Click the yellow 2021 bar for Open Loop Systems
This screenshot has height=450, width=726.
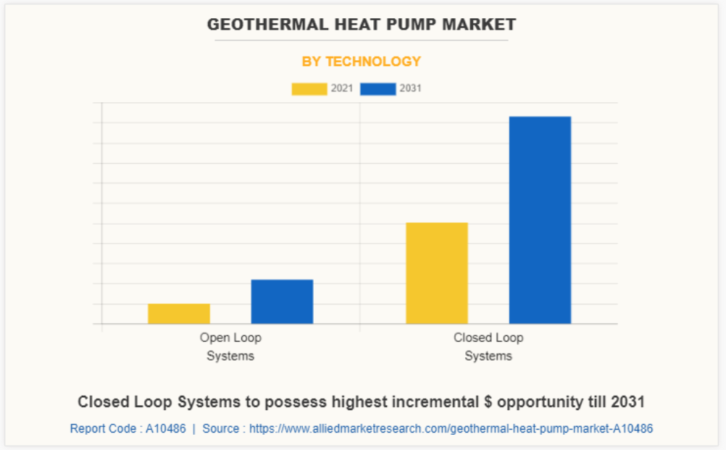click(x=179, y=313)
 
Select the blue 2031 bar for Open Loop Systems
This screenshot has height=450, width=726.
click(x=282, y=301)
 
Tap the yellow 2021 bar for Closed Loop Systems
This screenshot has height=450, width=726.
click(x=436, y=272)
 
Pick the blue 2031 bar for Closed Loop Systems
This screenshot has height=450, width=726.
click(x=540, y=220)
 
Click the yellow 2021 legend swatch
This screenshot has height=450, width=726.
click(x=309, y=89)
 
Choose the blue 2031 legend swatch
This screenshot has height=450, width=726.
click(x=377, y=89)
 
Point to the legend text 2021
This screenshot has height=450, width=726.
click(x=342, y=89)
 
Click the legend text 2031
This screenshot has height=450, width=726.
click(x=410, y=89)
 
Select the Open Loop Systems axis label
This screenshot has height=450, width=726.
click(x=230, y=346)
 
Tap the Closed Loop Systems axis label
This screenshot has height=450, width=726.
click(x=488, y=346)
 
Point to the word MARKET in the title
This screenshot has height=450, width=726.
click(x=483, y=25)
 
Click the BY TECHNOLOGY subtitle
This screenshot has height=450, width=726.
click(x=362, y=62)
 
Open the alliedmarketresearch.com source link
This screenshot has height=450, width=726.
click(x=451, y=428)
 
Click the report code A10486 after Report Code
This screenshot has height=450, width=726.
click(x=165, y=428)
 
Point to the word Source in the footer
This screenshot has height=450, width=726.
click(x=220, y=428)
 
